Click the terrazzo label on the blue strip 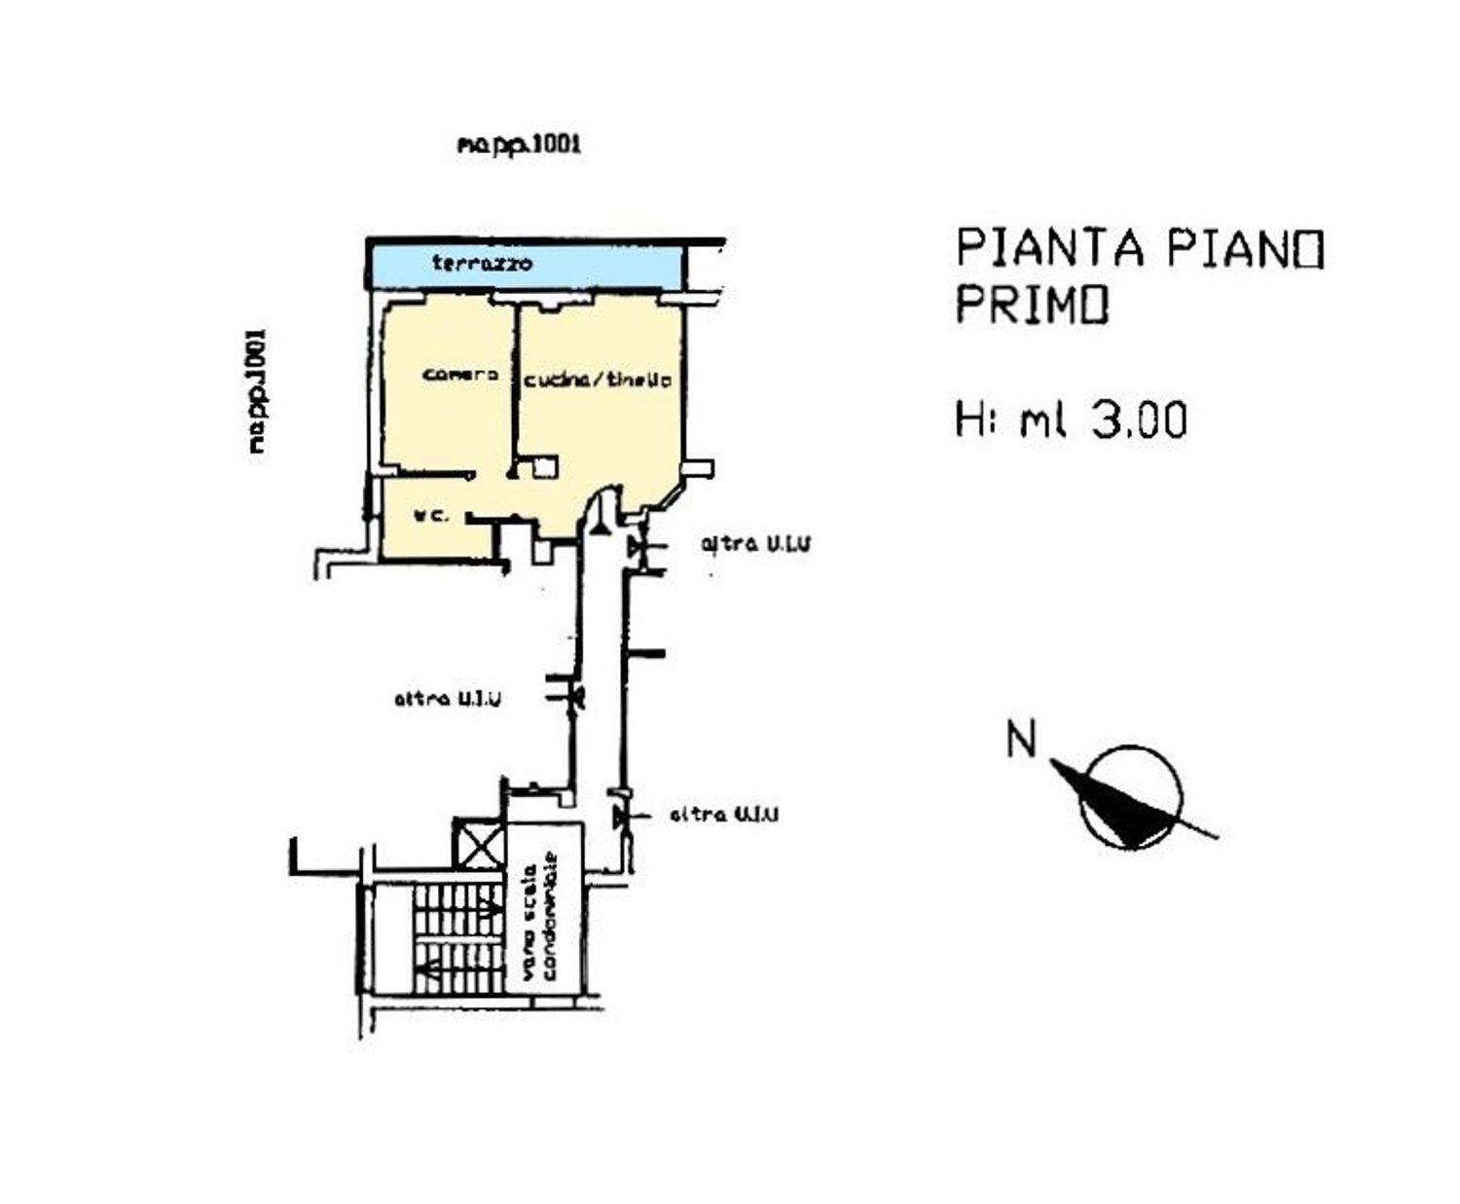(x=482, y=264)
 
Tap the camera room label (x=461, y=375)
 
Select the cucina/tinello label (x=597, y=381)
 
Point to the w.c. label (x=431, y=516)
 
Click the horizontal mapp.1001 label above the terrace (x=519, y=145)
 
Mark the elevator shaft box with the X (x=479, y=844)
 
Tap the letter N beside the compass (x=1021, y=740)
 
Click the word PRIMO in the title (x=1031, y=306)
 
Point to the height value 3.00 (x=1139, y=420)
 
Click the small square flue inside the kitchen (x=545, y=467)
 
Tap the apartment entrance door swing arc (x=602, y=514)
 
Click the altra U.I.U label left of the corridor (x=448, y=699)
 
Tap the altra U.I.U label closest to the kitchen (x=755, y=544)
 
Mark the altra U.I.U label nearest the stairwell (x=724, y=815)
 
